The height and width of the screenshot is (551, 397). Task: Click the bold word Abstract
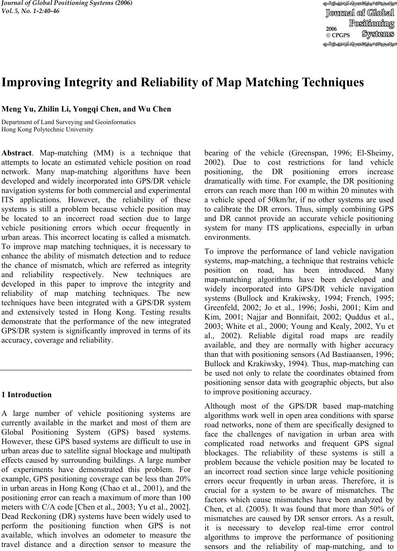pos(16,153)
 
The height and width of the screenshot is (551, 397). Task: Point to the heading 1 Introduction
pos(27,395)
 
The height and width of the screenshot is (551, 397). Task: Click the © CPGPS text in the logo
pos(338,35)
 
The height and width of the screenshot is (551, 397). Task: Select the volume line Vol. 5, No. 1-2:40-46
pos(31,11)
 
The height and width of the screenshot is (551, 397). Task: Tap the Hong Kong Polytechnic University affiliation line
pos(48,129)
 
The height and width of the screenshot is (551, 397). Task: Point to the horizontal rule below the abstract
pos(96,370)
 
